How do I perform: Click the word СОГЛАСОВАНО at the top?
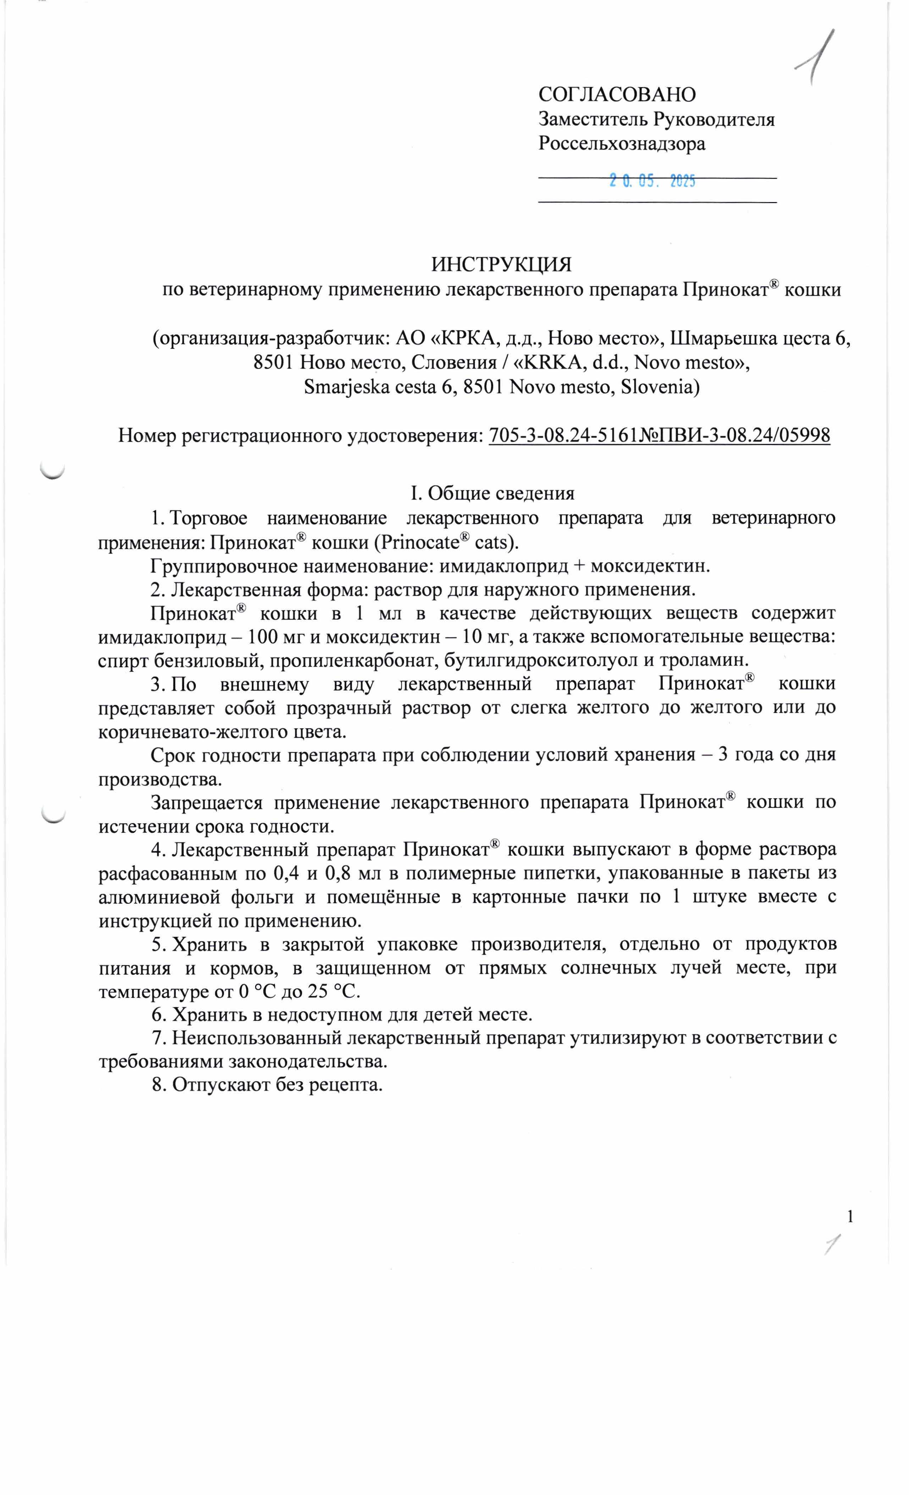[x=617, y=95]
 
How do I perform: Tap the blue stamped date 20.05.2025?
[x=652, y=180]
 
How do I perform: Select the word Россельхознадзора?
[x=622, y=144]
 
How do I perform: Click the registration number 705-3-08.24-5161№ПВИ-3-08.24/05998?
[x=659, y=435]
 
